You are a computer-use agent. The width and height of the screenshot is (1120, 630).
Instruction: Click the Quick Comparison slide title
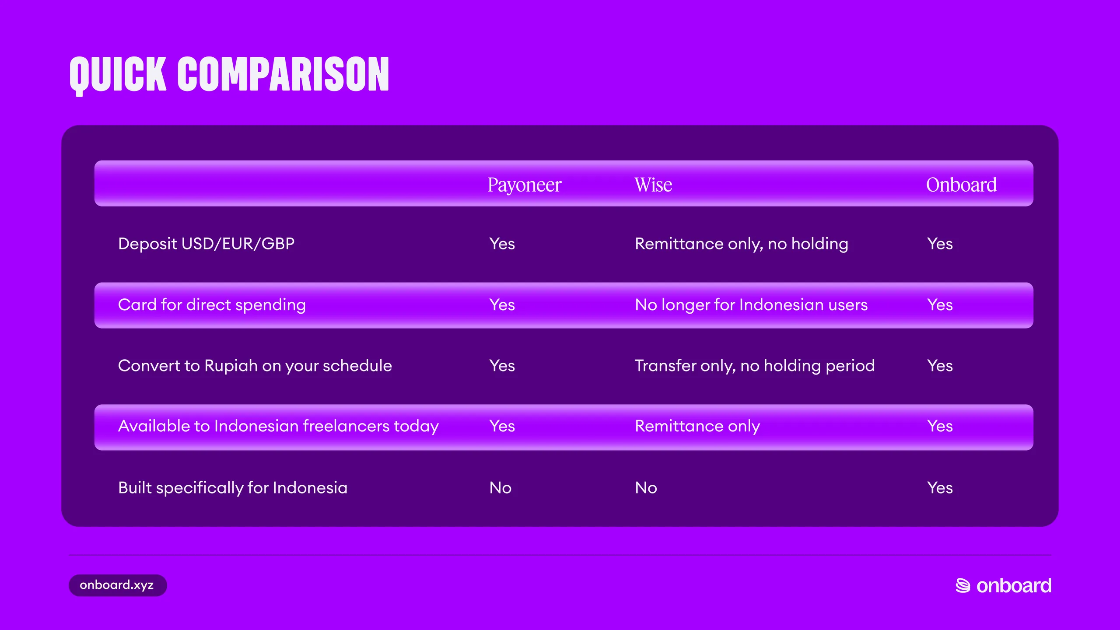pyautogui.click(x=229, y=75)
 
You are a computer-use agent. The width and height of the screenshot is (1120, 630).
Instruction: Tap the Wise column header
pyautogui.click(x=653, y=185)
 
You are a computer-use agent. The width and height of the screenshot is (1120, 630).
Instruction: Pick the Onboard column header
pyautogui.click(x=961, y=185)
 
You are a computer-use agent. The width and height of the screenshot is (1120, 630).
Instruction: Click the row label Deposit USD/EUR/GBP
pyautogui.click(x=206, y=244)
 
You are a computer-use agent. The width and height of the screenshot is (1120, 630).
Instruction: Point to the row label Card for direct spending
pyautogui.click(x=212, y=305)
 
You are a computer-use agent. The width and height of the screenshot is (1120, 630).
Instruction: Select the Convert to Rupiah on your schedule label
pyautogui.click(x=255, y=366)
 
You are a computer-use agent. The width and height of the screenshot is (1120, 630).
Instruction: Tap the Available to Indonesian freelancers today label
pyautogui.click(x=278, y=427)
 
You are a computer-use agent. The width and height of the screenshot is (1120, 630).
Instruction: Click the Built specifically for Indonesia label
pyautogui.click(x=233, y=488)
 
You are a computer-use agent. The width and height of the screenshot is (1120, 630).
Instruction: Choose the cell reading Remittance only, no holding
pyautogui.click(x=742, y=244)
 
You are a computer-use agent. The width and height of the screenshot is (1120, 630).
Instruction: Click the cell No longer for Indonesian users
pyautogui.click(x=751, y=305)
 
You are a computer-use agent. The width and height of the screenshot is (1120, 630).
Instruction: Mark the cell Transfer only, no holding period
pyautogui.click(x=755, y=366)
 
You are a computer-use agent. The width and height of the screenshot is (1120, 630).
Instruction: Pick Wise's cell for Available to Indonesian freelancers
pyautogui.click(x=697, y=427)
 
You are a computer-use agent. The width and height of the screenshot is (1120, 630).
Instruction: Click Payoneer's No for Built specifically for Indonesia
pyautogui.click(x=500, y=488)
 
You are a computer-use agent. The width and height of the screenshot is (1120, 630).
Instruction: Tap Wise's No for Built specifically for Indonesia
pyautogui.click(x=646, y=488)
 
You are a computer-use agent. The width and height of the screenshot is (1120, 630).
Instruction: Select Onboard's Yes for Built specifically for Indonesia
pyautogui.click(x=940, y=488)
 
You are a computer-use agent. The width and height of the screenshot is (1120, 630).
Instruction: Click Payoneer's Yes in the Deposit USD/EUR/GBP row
pyautogui.click(x=502, y=244)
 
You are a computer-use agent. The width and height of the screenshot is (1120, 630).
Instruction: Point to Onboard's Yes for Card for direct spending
pyautogui.click(x=940, y=305)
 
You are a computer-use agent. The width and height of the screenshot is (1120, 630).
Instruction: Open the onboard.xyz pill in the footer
pyautogui.click(x=118, y=585)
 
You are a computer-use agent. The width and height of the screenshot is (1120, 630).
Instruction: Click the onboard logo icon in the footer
pyautogui.click(x=963, y=586)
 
